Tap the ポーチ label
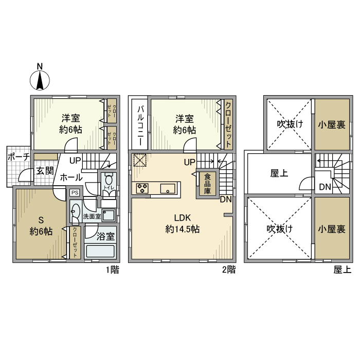point(17,158)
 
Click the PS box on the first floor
point(75,193)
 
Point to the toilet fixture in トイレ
point(109,182)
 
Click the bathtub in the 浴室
point(101,253)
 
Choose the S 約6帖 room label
point(41,225)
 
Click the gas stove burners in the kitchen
point(142,189)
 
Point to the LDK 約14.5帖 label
point(182,223)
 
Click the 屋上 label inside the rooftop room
point(279,173)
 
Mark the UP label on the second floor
point(189,162)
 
